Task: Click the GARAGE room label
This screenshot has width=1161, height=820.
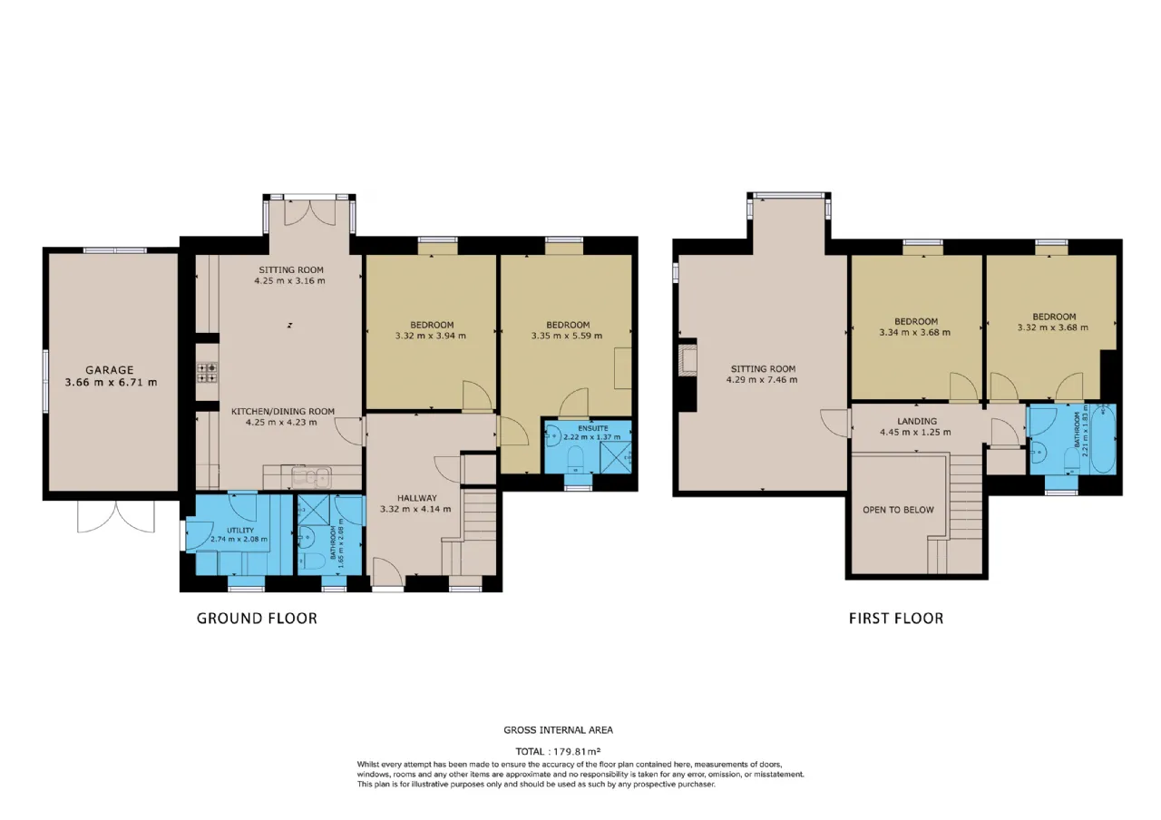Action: pos(110,370)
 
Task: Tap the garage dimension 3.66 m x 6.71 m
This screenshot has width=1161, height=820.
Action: pos(111,383)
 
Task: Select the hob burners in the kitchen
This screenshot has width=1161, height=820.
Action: pos(207,373)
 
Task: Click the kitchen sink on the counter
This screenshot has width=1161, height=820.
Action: pos(311,476)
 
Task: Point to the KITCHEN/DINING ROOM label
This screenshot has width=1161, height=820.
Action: pos(282,412)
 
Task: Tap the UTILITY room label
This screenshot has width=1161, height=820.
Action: pos(240,531)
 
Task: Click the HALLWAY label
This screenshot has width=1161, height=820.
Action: pos(417,498)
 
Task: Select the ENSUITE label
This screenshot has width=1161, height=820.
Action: pos(593,428)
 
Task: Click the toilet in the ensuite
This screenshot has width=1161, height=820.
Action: pos(575,459)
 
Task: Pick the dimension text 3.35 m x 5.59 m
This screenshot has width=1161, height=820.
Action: pos(567,336)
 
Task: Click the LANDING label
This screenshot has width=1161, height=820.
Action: pos(917,422)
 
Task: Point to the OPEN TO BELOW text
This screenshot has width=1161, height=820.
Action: pos(898,510)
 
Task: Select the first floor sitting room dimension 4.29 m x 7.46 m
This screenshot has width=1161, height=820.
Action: pos(762,380)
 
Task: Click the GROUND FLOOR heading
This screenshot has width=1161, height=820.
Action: pos(257,619)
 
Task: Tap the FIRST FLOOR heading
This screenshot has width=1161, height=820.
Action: pos(896,619)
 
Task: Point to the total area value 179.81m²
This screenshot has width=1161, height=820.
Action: pos(577,751)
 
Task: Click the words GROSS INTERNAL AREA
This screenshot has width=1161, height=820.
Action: pos(558,730)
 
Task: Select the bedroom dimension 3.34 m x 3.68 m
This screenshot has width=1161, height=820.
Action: pos(915,333)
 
